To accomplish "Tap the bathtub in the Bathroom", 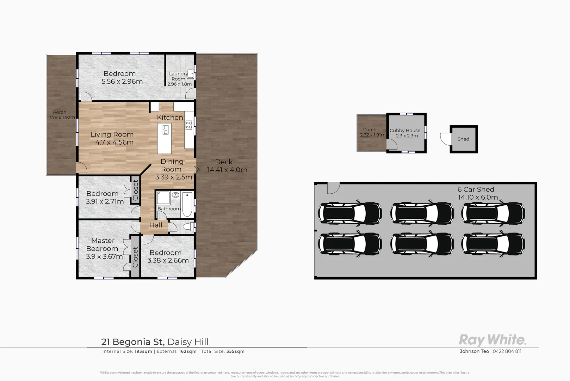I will [x=187, y=204].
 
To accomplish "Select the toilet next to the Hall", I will [x=188, y=226].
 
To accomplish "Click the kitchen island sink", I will [x=165, y=129].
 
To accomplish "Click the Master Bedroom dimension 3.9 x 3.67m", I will [x=104, y=256].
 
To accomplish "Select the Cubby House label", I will [x=405, y=131].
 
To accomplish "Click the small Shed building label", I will [x=463, y=139].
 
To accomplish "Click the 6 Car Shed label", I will [x=476, y=189].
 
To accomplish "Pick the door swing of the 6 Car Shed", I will [x=333, y=188].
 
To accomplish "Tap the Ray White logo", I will [x=492, y=340].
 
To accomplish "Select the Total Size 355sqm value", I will [x=235, y=351].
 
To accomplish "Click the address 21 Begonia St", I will [x=132, y=342].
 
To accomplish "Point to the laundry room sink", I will [x=190, y=74].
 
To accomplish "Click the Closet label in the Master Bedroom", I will [x=135, y=256].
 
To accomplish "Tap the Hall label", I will [x=156, y=225].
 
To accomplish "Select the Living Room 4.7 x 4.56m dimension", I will [x=114, y=143].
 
